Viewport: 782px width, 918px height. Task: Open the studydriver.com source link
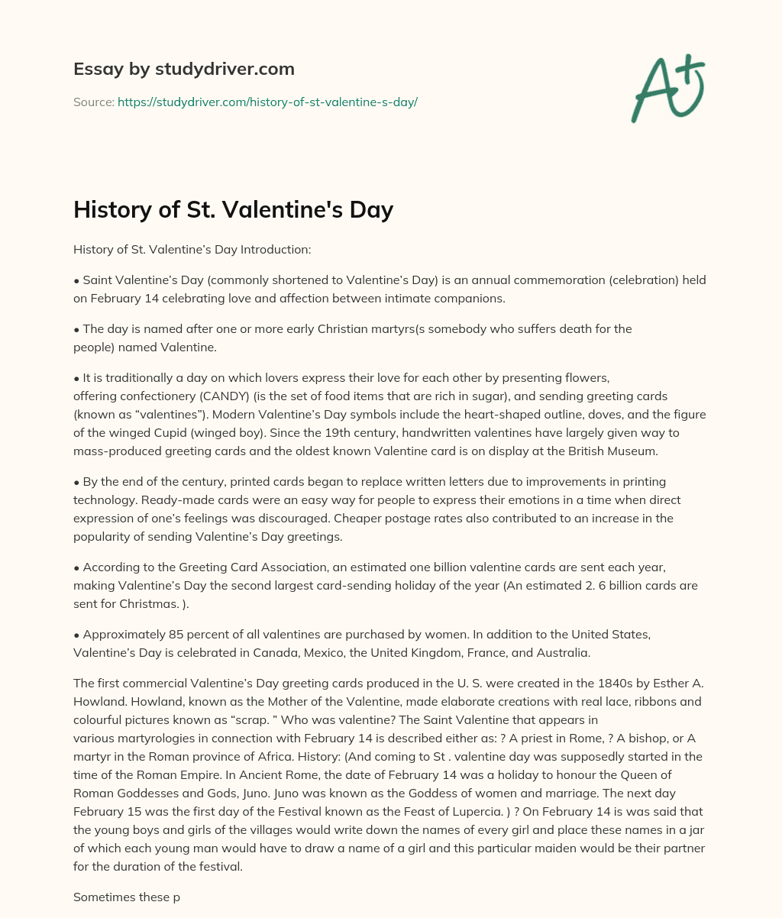[267, 102]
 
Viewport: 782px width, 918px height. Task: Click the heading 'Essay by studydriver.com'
[183, 69]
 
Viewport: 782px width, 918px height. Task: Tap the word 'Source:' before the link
[94, 102]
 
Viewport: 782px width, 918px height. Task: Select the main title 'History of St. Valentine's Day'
[233, 208]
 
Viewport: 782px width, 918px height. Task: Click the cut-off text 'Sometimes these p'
[126, 897]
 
